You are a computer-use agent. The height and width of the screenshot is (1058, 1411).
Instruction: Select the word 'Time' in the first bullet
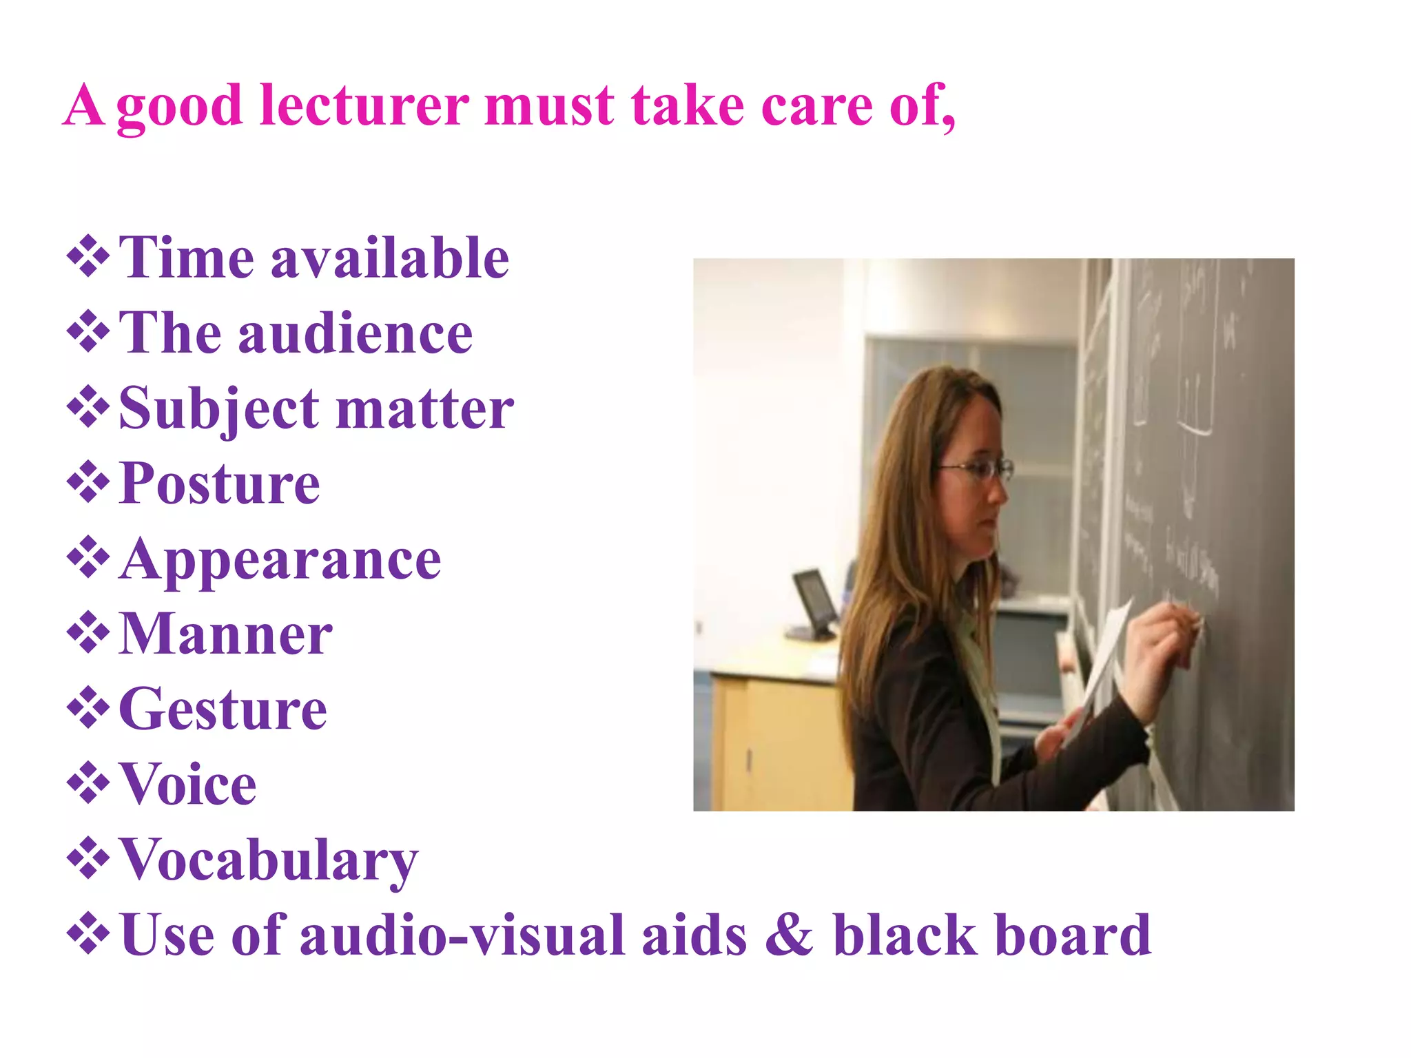186,258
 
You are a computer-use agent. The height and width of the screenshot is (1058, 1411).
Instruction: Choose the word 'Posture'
219,484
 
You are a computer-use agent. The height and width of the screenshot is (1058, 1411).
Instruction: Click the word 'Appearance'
280,560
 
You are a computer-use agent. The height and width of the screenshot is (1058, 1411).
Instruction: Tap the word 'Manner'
225,634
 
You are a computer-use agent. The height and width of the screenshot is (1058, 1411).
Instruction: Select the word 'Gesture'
223,709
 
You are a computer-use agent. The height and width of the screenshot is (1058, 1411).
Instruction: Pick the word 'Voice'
187,785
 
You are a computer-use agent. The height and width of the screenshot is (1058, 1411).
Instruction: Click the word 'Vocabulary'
269,861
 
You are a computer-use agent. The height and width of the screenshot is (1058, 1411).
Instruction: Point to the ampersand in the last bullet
789,935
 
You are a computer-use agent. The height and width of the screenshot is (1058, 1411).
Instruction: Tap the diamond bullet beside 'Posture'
88,483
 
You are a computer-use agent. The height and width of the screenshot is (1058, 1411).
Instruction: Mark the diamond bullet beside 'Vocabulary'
88,859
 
